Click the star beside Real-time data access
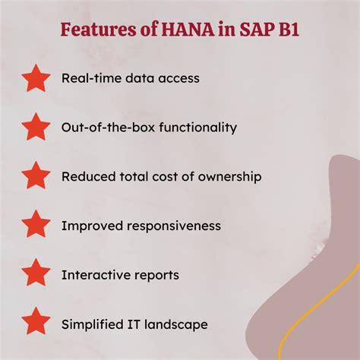[36, 78]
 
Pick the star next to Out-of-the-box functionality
[36, 127]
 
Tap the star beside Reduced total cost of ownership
[36, 176]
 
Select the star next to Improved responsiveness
[36, 226]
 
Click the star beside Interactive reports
[36, 275]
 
